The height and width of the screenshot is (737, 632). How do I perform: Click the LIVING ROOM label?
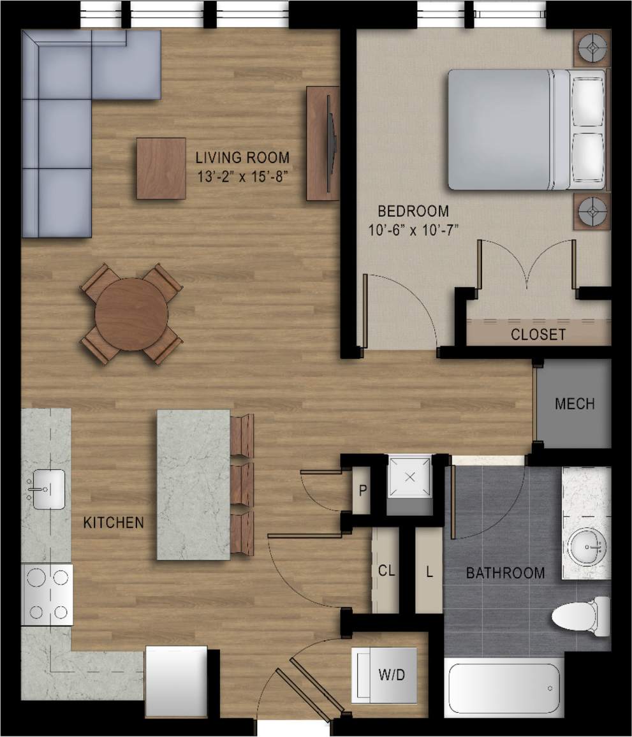[242, 157]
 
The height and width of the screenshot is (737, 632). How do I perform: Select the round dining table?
[131, 313]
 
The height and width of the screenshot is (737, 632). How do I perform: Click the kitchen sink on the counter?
[48, 489]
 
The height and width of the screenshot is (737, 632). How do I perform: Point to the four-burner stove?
[48, 594]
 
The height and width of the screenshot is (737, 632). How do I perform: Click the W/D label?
[392, 675]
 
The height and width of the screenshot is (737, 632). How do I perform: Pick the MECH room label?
[574, 404]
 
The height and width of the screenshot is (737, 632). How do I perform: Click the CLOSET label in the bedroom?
[538, 334]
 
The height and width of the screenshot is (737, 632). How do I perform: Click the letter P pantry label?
[362, 491]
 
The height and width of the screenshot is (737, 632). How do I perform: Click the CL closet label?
[386, 570]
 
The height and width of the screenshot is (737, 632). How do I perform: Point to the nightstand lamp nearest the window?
[592, 48]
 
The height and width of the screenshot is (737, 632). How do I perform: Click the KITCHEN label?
[114, 523]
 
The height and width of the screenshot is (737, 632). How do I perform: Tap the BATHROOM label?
[505, 573]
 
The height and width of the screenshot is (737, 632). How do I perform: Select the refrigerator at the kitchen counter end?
[177, 681]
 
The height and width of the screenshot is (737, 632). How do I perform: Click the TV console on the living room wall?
[322, 143]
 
